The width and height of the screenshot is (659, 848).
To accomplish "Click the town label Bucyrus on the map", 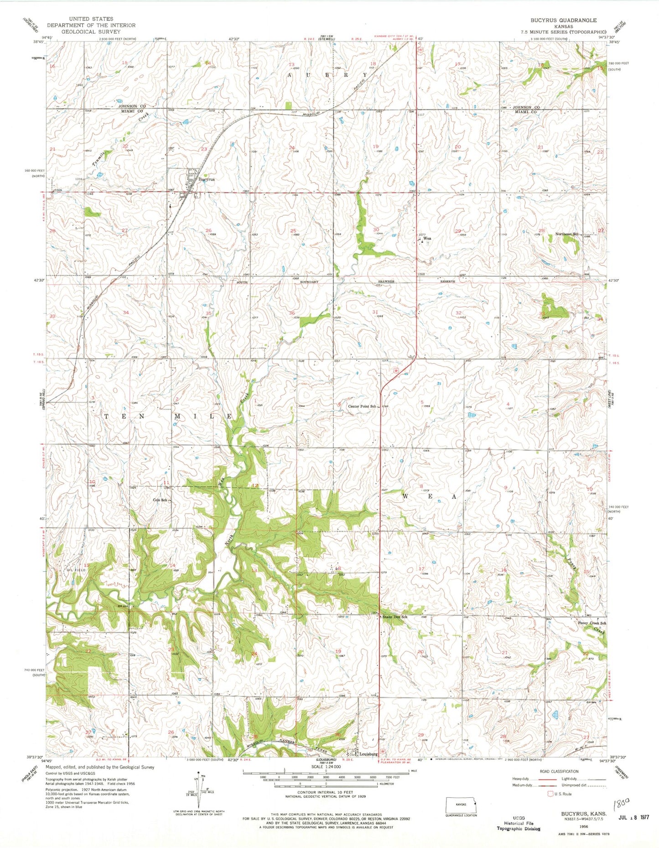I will [206, 180].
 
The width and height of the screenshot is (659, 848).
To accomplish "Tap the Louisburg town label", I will [368, 754].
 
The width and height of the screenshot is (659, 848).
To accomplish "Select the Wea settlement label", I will [427, 238].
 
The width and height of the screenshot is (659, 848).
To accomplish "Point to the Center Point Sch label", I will [363, 406].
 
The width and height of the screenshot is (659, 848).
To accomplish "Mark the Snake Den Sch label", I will [394, 617].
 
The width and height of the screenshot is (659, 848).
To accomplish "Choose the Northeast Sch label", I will [566, 234].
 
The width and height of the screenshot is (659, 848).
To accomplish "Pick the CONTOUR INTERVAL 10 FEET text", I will [326, 792].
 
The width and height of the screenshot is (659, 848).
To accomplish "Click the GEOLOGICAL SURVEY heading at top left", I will [83, 31].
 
